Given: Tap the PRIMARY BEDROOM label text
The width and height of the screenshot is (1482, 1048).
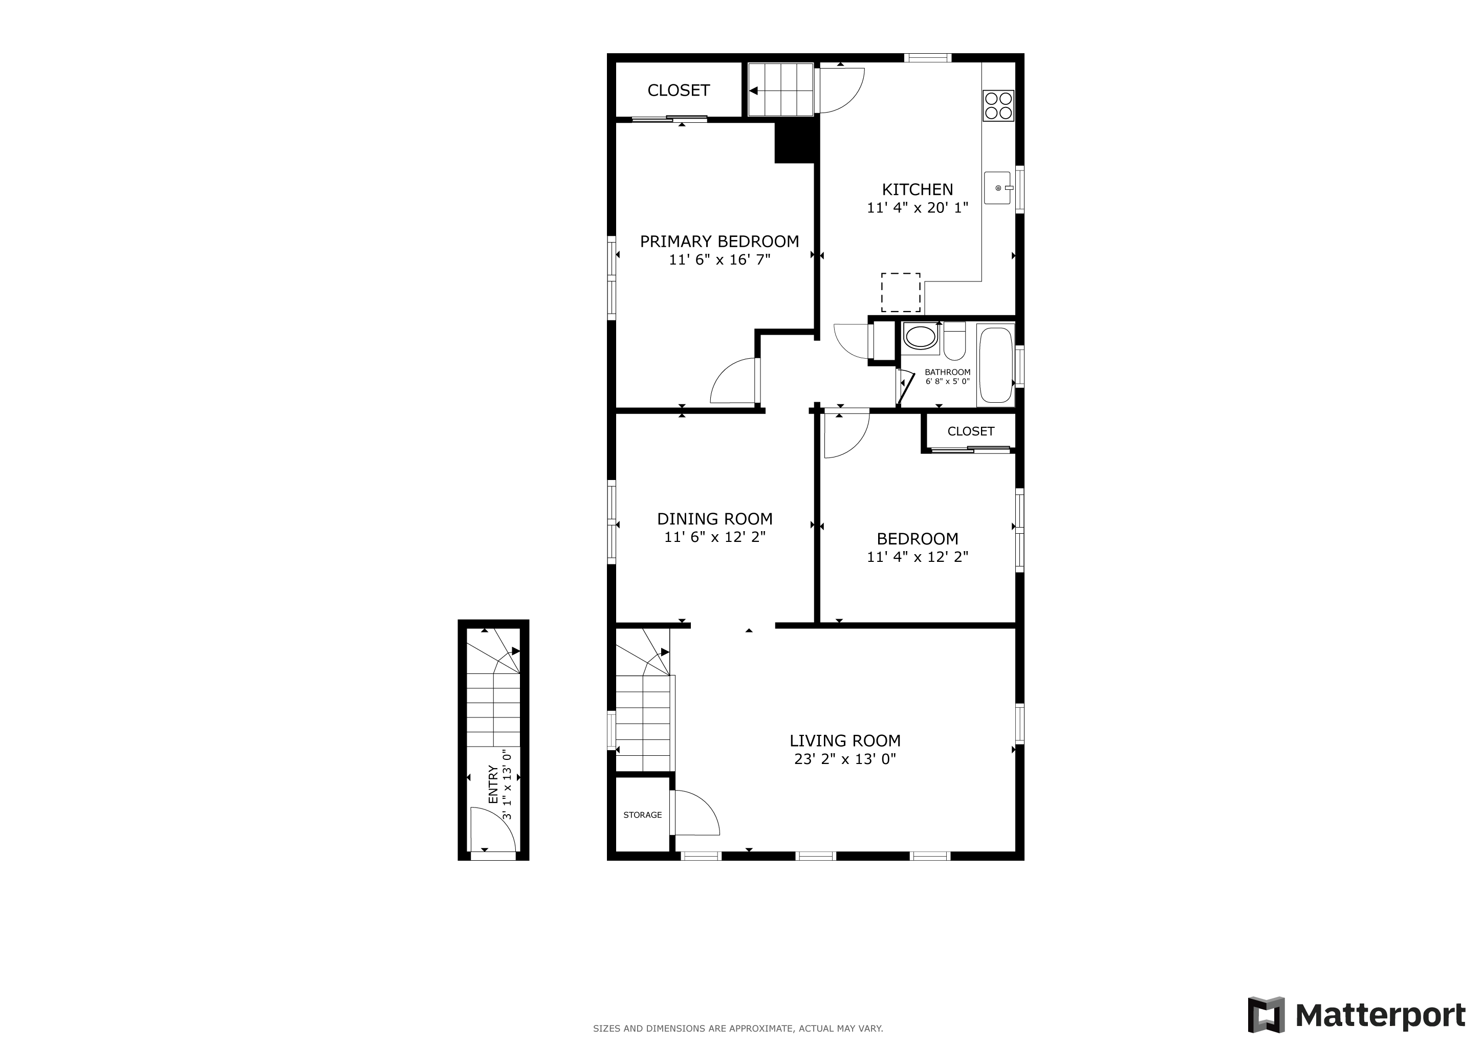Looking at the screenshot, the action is tap(719, 242).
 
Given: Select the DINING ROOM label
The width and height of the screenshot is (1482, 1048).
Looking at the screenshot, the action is tap(714, 519).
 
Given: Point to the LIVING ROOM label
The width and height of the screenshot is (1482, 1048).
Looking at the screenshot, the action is tap(845, 741).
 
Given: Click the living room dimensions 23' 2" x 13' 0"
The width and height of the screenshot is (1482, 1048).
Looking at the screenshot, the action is tap(845, 759).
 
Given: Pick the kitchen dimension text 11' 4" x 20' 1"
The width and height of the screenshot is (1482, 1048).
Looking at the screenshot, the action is tap(917, 208).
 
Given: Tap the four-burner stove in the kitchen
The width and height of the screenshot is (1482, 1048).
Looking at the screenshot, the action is tap(998, 106).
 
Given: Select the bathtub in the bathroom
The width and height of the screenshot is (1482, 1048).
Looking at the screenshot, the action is tap(995, 365).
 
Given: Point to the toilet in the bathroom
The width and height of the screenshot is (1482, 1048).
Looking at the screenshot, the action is tap(954, 341).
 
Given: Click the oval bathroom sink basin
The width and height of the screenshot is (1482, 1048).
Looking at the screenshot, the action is tap(920, 337).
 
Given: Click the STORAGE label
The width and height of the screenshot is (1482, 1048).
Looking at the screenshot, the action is tap(642, 815).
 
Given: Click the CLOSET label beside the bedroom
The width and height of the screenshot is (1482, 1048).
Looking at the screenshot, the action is tap(971, 431).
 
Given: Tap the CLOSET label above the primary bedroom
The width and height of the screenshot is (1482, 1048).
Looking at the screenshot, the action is tap(679, 91).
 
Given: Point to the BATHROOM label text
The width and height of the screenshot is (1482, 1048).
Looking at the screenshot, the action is tap(948, 373).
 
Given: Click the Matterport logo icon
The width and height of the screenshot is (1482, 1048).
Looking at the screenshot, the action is tap(1266, 1015).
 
